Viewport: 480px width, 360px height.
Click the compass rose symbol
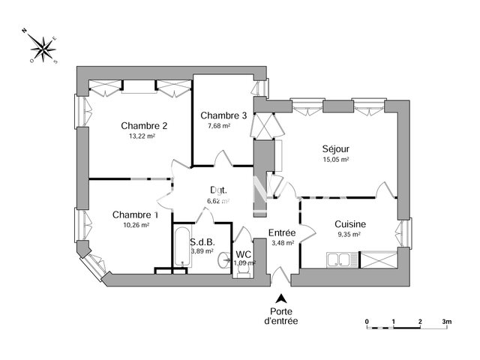pos(44,49)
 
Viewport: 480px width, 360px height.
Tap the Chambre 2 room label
pos(144,125)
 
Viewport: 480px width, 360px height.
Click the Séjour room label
pos(336,148)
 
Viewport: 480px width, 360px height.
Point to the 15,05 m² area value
pos(336,159)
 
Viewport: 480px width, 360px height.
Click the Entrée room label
pos(283,233)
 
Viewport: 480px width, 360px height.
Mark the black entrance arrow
pos(280,298)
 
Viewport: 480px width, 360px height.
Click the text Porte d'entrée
pos(280,316)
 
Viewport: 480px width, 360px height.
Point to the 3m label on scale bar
pos(446,321)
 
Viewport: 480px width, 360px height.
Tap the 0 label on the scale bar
pos(367,321)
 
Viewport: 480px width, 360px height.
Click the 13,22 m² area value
pos(143,136)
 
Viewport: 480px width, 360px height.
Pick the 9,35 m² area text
pos(349,234)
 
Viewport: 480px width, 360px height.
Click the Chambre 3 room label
pos(223,115)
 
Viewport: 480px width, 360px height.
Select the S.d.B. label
pos(202,242)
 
